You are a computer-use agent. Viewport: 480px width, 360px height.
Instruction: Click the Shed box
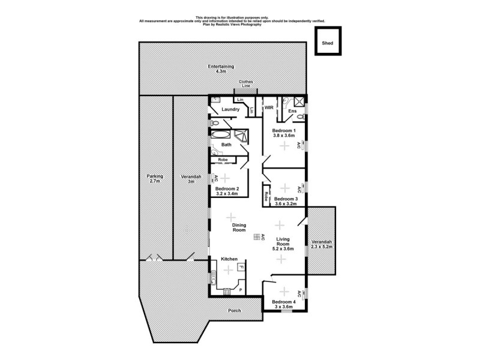(328, 43)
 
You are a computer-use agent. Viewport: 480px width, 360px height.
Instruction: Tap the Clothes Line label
(246, 84)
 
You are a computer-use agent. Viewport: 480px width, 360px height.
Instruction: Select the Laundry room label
(230, 109)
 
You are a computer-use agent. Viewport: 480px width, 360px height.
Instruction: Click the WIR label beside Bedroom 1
(269, 108)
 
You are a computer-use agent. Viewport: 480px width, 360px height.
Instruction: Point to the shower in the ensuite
(298, 102)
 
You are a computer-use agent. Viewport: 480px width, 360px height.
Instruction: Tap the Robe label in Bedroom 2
(223, 160)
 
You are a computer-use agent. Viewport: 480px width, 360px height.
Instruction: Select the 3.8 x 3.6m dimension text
(284, 136)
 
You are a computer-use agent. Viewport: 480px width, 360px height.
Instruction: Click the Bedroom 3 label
(286, 199)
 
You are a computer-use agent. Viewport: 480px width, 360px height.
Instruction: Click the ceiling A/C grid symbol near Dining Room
(257, 237)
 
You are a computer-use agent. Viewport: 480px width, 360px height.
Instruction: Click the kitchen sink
(213, 277)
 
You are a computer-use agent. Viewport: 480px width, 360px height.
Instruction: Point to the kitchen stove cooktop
(227, 292)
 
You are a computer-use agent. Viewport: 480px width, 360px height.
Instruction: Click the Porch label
(235, 311)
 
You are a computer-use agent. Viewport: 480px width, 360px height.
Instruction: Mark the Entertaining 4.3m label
(221, 68)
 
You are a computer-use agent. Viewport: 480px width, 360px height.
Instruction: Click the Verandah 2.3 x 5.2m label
(322, 244)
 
